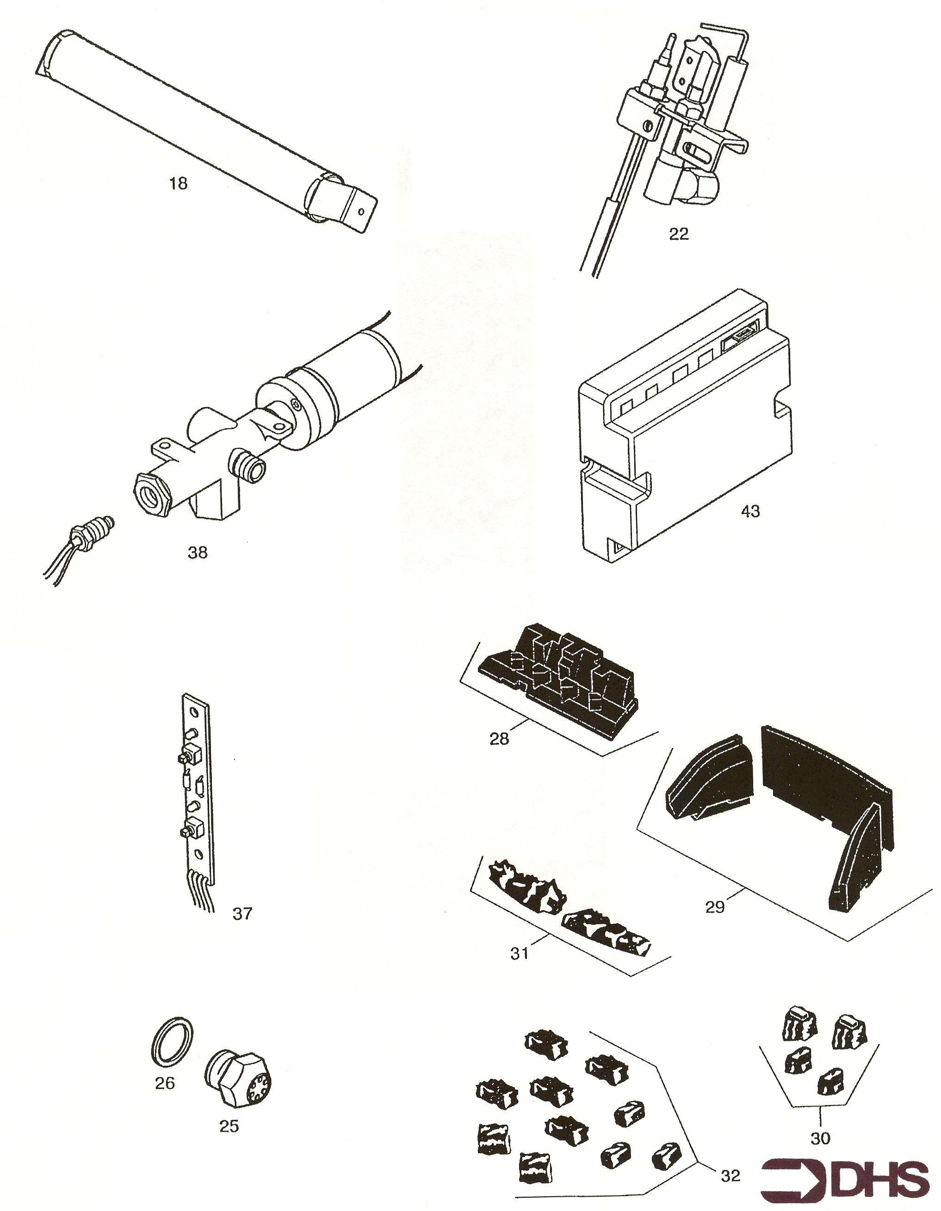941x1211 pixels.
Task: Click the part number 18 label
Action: click(179, 183)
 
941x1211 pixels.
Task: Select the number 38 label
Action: click(198, 552)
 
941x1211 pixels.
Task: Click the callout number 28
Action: click(499, 739)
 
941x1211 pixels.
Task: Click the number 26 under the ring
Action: click(165, 1083)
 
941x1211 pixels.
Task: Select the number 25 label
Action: click(229, 1125)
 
